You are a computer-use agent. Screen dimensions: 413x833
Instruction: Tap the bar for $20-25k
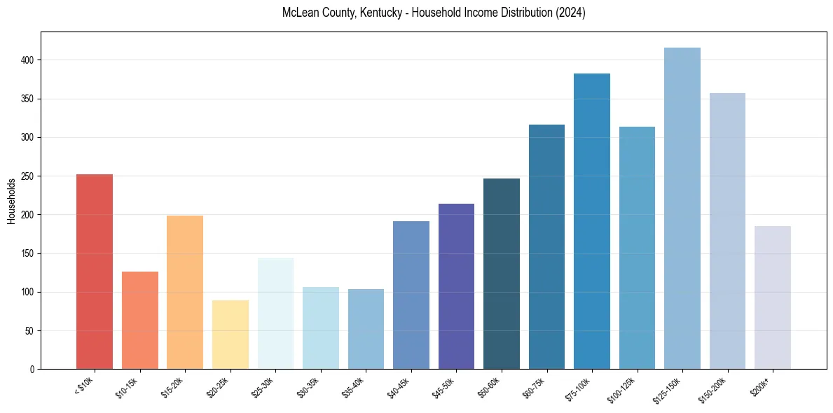coord(230,335)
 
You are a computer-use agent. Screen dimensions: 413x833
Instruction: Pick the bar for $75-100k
coord(592,221)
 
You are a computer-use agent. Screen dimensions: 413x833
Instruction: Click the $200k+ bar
coord(773,297)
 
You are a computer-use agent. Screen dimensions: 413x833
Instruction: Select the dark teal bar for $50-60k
coord(502,274)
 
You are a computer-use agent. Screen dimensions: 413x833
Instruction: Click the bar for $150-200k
coord(727,231)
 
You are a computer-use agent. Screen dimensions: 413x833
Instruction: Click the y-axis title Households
coord(11,201)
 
